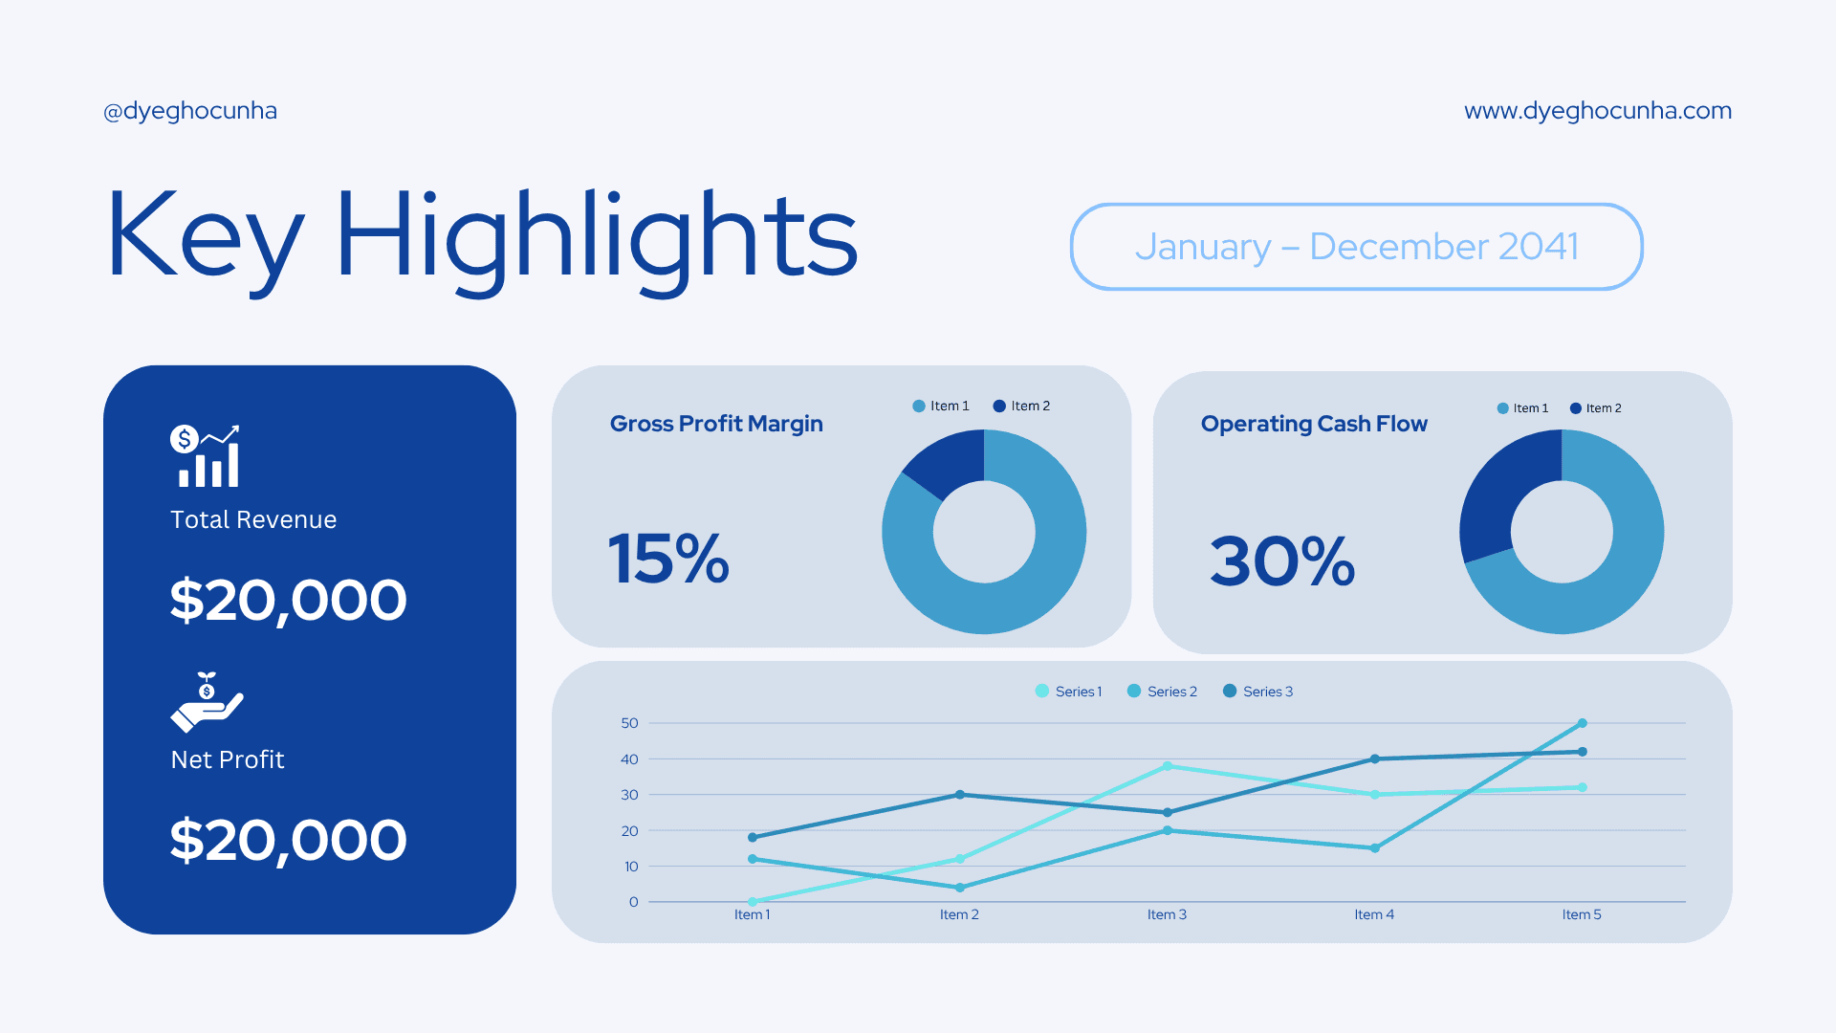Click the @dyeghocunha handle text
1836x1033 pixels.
tap(190, 111)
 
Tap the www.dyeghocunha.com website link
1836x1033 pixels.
tap(1597, 111)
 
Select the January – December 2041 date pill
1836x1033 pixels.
tap(1356, 247)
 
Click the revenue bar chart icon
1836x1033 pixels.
tap(206, 456)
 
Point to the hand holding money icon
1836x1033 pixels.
tap(207, 703)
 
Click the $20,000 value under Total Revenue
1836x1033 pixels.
tap(288, 601)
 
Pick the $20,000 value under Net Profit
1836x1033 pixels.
tap(288, 841)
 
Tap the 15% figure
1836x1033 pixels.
tap(668, 560)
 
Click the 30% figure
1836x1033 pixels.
tap(1282, 561)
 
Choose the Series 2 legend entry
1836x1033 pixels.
tap(1163, 692)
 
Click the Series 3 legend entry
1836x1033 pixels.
tap(1258, 692)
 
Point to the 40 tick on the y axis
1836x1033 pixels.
tap(629, 759)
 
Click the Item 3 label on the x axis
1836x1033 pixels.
tap(1167, 915)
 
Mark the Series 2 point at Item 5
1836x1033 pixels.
tap(1582, 723)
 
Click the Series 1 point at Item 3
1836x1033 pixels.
tap(1167, 766)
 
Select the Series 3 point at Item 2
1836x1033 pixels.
tap(959, 795)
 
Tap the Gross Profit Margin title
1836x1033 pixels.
tap(716, 424)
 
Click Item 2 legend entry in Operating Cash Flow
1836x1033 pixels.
tap(1596, 408)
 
